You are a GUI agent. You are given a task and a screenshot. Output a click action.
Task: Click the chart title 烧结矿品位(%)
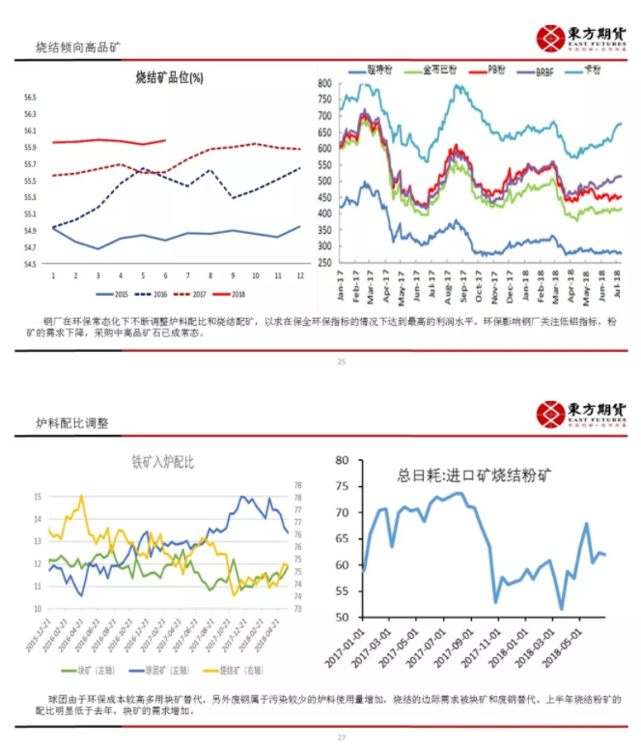click(x=168, y=78)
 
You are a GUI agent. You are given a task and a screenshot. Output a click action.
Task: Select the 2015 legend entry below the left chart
click(x=117, y=294)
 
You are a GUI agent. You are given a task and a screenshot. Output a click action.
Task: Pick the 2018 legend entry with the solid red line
click(x=237, y=294)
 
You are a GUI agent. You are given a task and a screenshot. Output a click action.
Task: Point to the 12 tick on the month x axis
click(x=299, y=275)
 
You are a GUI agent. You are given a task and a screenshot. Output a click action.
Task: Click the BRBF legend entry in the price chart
click(x=536, y=72)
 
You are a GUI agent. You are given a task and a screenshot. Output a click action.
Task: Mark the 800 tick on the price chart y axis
click(x=323, y=84)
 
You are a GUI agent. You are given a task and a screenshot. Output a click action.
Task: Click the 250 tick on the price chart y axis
click(x=323, y=262)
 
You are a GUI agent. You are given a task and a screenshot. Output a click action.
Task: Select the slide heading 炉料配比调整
click(x=73, y=422)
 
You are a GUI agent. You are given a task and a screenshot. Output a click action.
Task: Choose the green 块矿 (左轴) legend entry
click(x=83, y=668)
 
